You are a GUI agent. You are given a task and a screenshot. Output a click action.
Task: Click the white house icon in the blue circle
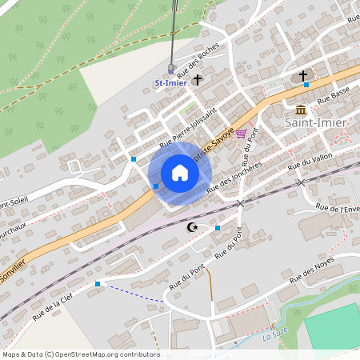pos(180,173)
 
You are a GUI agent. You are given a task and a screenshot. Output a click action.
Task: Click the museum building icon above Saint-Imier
pos(301,110)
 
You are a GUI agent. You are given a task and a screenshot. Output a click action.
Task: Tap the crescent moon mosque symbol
pos(192,228)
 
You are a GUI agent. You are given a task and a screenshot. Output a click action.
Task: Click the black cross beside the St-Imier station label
pos(198,80)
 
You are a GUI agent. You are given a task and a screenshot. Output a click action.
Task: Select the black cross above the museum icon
pos(303,76)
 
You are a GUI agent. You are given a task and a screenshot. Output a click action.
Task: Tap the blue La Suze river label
pos(276,337)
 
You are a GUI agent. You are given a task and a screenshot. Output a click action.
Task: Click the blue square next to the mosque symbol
pos(218,228)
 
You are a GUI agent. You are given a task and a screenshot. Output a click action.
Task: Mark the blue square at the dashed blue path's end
pos(98,283)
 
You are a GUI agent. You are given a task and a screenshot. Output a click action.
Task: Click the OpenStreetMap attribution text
pos(81,354)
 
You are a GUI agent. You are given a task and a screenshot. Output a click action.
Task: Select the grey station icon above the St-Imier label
pos(170,69)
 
